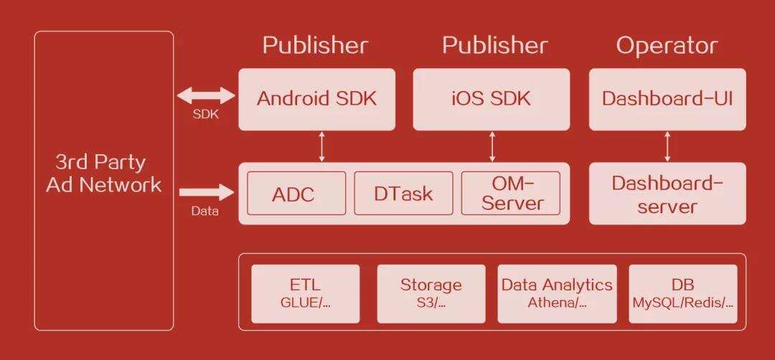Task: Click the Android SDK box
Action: click(316, 99)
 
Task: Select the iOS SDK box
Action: click(492, 99)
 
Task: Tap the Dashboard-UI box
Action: click(667, 99)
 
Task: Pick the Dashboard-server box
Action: click(667, 194)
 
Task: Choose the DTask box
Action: click(403, 194)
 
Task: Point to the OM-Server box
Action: click(512, 194)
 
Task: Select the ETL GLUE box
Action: click(306, 293)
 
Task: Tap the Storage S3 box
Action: click(431, 293)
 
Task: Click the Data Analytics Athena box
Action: click(557, 293)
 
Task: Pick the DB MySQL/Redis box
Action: click(682, 293)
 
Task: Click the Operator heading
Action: click(667, 46)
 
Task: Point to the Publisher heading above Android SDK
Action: click(315, 46)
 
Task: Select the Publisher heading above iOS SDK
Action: click(494, 46)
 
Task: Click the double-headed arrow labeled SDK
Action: click(207, 95)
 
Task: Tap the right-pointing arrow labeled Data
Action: click(207, 192)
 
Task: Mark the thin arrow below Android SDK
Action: click(321, 146)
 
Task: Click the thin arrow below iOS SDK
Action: click(492, 146)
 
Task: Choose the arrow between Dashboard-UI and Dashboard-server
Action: click(667, 146)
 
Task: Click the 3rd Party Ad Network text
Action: click(104, 174)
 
